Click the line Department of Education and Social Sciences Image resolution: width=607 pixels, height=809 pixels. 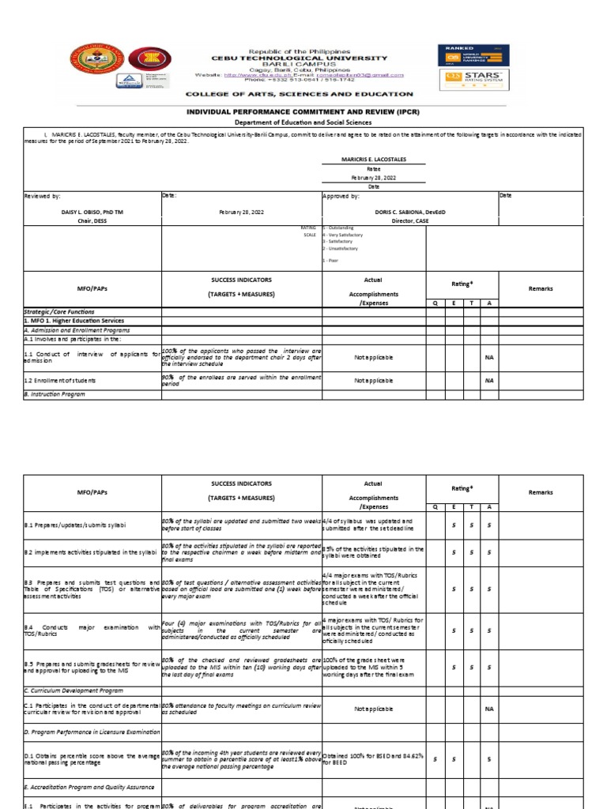click(x=303, y=122)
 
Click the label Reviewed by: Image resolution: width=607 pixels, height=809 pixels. click(x=42, y=195)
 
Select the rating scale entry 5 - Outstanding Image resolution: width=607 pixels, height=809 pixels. click(x=338, y=228)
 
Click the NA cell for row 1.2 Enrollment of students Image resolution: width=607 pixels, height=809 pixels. click(x=489, y=380)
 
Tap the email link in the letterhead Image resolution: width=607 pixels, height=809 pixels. click(x=367, y=75)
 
